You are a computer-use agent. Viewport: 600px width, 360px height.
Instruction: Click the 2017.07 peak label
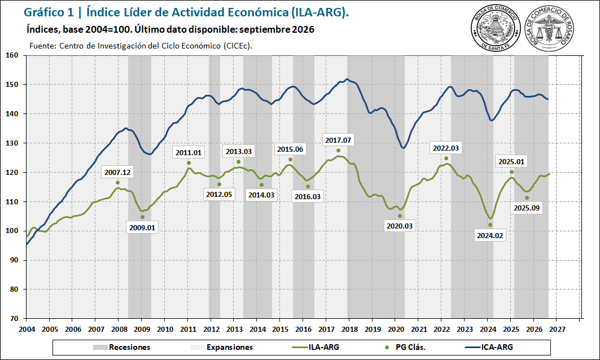point(338,141)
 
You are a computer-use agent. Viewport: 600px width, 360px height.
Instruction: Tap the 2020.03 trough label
point(400,226)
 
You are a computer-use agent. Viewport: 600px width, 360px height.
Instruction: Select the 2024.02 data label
point(490,236)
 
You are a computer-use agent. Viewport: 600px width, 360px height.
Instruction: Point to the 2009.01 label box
point(142,227)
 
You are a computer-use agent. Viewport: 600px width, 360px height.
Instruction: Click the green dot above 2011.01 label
point(189,163)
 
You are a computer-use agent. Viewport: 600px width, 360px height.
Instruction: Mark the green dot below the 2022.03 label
point(446,159)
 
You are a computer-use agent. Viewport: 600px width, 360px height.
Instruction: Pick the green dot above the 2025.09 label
point(527,198)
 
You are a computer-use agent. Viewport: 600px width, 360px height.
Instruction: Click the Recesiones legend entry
point(122,348)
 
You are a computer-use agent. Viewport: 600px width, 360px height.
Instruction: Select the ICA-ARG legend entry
point(489,348)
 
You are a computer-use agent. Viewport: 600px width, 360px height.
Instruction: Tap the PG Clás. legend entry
point(405,348)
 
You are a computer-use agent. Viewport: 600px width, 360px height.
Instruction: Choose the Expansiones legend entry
point(222,348)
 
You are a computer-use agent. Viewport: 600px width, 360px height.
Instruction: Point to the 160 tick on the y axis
point(12,55)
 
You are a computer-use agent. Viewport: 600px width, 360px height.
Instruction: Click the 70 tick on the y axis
point(14,318)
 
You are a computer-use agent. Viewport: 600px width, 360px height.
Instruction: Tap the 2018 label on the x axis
point(349,330)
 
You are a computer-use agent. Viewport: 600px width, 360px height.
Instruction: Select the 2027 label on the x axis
point(557,330)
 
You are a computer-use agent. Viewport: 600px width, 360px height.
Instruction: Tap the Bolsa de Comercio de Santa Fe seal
point(496,28)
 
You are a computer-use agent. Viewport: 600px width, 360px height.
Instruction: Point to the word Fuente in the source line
point(42,46)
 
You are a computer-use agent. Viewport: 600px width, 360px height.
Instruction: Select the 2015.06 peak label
point(290,150)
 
